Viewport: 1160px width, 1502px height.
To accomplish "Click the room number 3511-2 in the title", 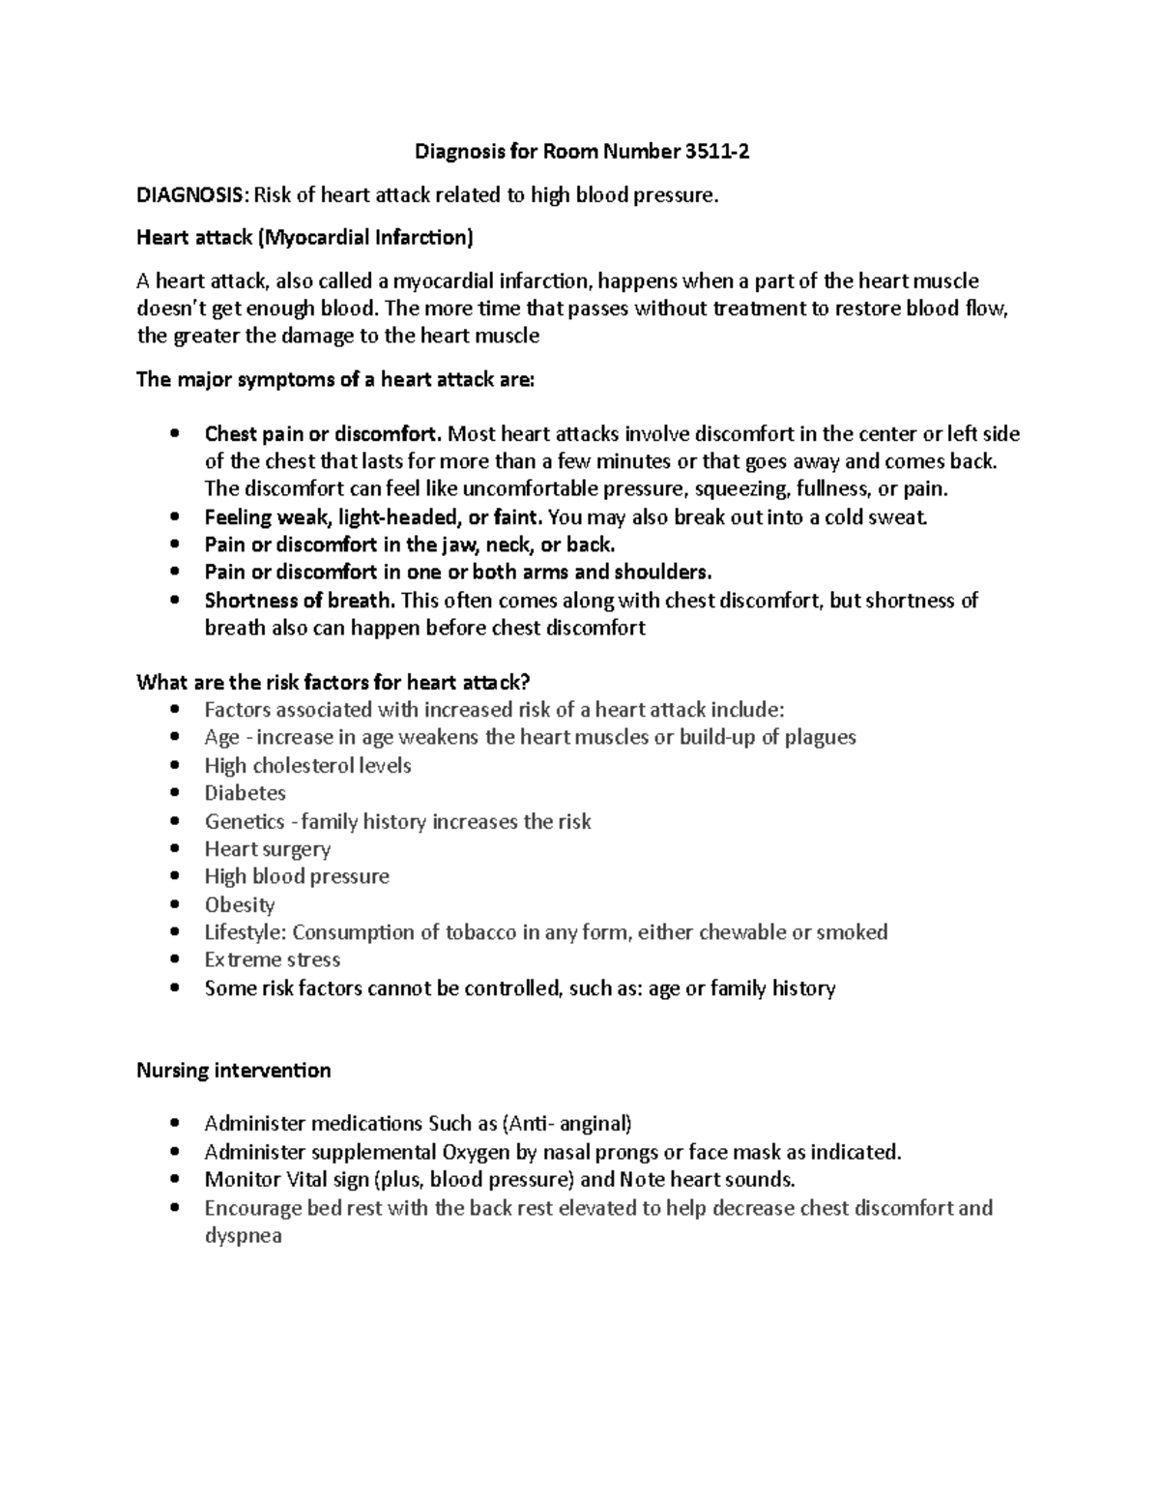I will coord(716,152).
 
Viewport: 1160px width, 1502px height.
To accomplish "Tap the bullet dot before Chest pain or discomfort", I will coord(174,434).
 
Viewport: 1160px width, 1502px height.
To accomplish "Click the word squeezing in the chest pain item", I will coord(737,488).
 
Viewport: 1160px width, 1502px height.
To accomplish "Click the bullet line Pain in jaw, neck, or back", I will coord(410,545).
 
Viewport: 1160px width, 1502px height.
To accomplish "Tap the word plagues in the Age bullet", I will coord(820,738).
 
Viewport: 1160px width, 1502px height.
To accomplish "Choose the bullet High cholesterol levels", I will coord(307,766).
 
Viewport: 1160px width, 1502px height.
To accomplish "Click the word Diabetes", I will coord(245,793).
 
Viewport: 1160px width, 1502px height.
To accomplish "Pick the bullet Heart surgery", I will coord(267,849).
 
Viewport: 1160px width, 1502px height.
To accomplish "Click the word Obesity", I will coord(240,905).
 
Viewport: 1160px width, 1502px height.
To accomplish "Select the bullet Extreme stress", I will coord(272,960).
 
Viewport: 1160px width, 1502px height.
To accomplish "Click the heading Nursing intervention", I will coord(233,1071).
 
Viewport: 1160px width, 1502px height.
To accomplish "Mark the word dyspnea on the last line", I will coord(243,1236).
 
